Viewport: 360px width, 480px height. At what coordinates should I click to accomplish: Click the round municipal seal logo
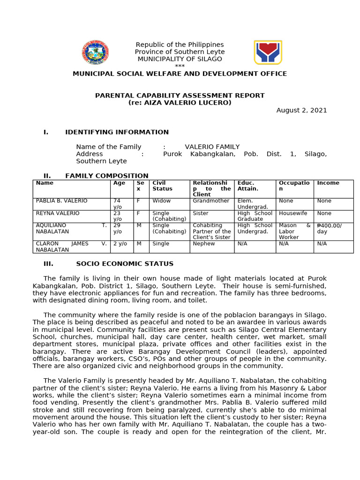click(95, 52)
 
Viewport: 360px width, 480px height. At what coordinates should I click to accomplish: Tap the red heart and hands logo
click(268, 52)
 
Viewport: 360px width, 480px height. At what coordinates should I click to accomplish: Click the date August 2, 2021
click(301, 110)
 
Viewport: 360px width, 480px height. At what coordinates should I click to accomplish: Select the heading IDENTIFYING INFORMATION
click(117, 132)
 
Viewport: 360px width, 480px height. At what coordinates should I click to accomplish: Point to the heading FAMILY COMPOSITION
click(106, 176)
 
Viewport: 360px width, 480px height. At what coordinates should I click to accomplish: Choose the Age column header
click(119, 183)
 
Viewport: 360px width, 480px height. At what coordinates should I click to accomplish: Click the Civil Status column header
click(162, 186)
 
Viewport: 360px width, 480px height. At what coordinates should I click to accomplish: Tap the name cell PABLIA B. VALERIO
click(62, 201)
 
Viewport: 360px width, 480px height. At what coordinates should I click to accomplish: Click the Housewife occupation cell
click(293, 213)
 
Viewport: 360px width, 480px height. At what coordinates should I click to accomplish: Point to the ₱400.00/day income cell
click(329, 228)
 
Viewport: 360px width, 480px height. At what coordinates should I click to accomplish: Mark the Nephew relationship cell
click(203, 244)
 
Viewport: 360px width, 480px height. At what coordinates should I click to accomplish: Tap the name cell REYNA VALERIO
click(58, 213)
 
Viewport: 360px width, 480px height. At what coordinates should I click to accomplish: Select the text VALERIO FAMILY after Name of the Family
click(212, 147)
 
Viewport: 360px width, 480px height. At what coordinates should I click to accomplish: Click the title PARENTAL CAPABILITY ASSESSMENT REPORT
click(180, 96)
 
